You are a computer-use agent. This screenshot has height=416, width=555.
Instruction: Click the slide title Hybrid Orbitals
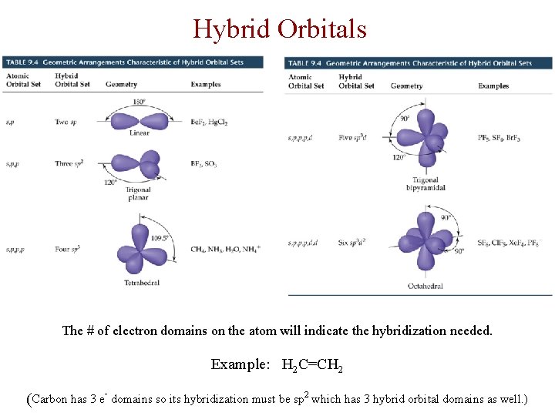(279, 29)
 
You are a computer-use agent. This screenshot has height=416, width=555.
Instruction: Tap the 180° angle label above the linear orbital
(139, 102)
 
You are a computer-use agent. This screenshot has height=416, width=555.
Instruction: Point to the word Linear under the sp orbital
(139, 133)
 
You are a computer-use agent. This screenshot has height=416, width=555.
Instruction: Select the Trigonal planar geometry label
(138, 193)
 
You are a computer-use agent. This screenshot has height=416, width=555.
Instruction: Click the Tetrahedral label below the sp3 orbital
(142, 283)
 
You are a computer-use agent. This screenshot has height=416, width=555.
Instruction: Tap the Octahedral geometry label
(425, 287)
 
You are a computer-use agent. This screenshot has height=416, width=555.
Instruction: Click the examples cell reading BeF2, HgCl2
(209, 122)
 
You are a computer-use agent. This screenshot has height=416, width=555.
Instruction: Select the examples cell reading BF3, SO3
(204, 164)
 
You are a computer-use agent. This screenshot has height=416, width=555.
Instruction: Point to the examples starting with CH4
(225, 249)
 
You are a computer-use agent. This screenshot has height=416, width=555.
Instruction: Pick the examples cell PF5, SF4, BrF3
(499, 138)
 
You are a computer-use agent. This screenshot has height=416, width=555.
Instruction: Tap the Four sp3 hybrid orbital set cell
(68, 249)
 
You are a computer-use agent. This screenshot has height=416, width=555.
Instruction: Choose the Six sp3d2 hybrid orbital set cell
(351, 243)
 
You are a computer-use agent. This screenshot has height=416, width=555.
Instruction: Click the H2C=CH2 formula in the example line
(312, 365)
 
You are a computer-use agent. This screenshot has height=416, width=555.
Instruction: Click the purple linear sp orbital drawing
(140, 121)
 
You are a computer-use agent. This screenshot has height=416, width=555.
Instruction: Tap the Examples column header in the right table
(493, 86)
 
